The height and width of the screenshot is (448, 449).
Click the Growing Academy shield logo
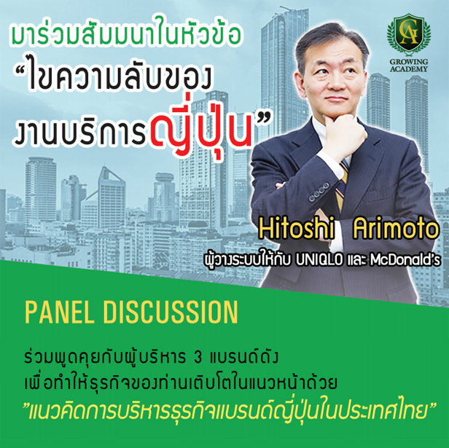click(409, 34)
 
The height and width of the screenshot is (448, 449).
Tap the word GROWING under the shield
click(409, 62)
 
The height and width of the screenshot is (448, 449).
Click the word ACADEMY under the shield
click(409, 69)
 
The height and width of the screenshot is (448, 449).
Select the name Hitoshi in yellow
click(297, 228)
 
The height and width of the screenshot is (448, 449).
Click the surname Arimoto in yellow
click(396, 228)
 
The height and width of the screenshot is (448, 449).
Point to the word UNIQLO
click(319, 260)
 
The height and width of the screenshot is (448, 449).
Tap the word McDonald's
click(405, 260)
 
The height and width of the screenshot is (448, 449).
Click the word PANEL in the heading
click(60, 313)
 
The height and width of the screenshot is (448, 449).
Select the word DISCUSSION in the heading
click(171, 313)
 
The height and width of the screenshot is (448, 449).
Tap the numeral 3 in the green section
click(198, 358)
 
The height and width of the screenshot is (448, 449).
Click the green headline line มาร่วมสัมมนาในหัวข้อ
click(125, 34)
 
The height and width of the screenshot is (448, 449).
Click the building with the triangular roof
click(112, 197)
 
